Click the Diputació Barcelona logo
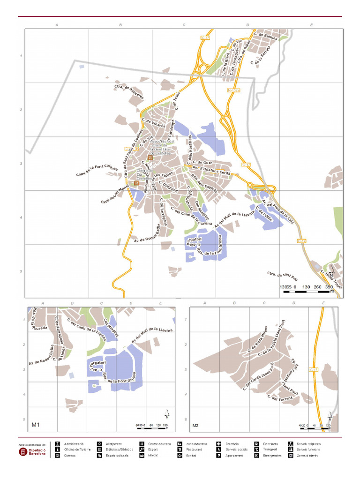32,451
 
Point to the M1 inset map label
35,425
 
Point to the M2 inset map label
195,426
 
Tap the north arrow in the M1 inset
167,414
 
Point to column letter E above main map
311,24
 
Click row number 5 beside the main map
21,271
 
